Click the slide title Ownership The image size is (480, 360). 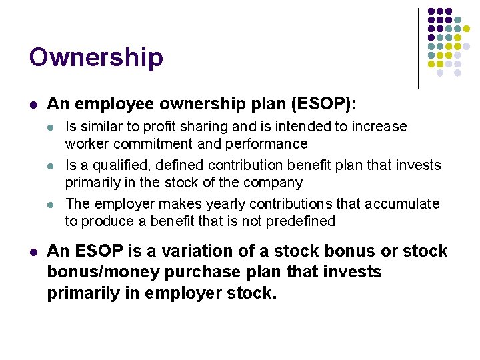96,58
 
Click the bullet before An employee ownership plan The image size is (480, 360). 33,105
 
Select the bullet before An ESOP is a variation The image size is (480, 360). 33,252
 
